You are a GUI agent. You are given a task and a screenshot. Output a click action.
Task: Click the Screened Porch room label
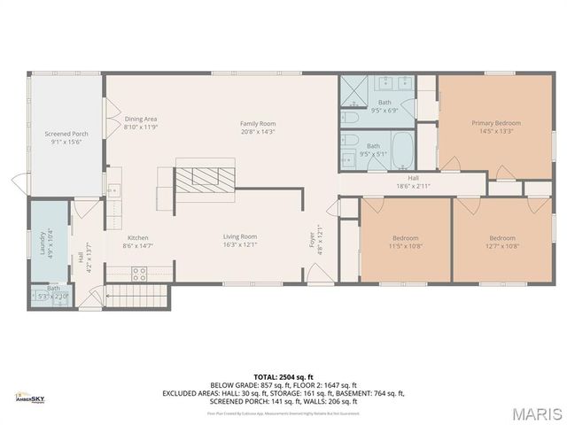tap(66, 134)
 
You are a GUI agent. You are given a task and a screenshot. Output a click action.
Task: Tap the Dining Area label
tap(141, 119)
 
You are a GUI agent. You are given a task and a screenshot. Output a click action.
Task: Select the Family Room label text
tap(258, 123)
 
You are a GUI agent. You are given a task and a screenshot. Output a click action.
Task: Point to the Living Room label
tap(239, 236)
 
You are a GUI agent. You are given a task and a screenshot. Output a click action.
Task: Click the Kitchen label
tap(138, 237)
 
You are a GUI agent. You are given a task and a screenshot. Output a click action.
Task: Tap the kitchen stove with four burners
tap(139, 273)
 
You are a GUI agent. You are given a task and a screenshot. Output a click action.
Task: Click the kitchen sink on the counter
tap(114, 189)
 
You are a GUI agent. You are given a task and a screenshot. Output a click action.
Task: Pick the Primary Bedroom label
tap(495, 123)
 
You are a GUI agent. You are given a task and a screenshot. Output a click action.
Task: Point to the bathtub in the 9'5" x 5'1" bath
tap(403, 150)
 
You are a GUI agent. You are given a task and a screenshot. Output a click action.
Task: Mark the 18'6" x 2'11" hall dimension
tap(413, 186)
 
